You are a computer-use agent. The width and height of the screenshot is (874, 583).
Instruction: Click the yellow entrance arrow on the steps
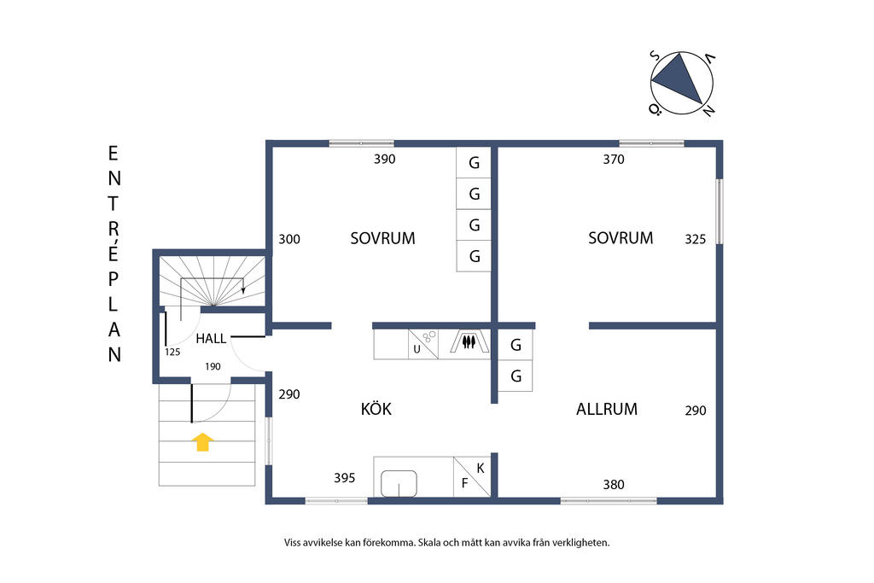point(202,441)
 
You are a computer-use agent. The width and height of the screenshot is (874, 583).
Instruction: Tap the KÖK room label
point(376,410)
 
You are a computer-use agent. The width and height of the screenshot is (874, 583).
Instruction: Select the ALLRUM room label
point(606,409)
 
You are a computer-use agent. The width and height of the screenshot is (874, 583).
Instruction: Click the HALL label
point(211,339)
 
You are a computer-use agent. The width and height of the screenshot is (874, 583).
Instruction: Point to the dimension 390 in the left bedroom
point(384,159)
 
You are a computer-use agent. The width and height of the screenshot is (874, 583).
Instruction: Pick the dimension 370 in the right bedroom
point(613,159)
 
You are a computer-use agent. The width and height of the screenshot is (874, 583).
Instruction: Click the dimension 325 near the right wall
point(695,240)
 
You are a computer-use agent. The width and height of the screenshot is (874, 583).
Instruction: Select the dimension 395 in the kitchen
point(344,478)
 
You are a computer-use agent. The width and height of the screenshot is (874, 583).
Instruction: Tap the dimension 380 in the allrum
point(613,484)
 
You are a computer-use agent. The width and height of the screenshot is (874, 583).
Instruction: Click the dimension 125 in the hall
point(172,351)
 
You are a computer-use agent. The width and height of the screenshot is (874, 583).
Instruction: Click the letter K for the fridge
point(481,468)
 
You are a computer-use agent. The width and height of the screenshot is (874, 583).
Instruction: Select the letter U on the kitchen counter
point(417,349)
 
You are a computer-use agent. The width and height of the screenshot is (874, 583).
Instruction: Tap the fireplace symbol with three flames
point(468,342)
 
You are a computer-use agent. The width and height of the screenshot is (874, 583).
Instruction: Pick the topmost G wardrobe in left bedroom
point(474,163)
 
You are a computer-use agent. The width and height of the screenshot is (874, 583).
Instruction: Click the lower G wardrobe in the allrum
point(515,376)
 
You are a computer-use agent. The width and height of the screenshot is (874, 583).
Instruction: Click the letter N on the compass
point(708,110)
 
